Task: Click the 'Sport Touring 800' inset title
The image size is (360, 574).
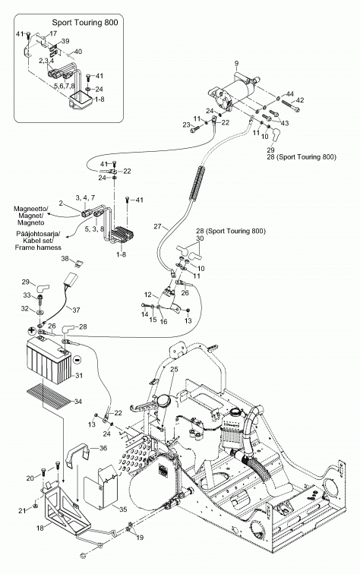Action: tap(85, 22)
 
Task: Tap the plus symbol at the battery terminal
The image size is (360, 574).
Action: tap(31, 330)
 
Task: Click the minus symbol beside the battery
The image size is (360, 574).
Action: tap(77, 359)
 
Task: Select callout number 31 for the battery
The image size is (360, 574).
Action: tap(79, 375)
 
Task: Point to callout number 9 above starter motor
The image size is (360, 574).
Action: tap(236, 63)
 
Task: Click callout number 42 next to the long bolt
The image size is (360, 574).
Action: tap(299, 100)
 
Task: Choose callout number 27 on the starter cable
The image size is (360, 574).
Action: tap(157, 226)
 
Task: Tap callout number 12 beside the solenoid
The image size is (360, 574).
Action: tap(147, 295)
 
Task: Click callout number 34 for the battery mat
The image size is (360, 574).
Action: tap(78, 401)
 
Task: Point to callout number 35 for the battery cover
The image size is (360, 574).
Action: tap(123, 509)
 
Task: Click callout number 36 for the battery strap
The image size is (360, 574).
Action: tap(103, 448)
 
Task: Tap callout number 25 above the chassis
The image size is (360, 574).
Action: tap(175, 369)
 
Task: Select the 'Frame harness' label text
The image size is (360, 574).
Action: tap(38, 248)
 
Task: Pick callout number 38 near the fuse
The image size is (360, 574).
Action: tap(65, 258)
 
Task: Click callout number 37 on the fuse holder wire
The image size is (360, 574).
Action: tap(76, 310)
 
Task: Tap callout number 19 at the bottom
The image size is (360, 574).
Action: tap(140, 538)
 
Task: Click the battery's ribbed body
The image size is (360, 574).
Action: tap(48, 362)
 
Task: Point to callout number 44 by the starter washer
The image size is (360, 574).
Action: tap(289, 94)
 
